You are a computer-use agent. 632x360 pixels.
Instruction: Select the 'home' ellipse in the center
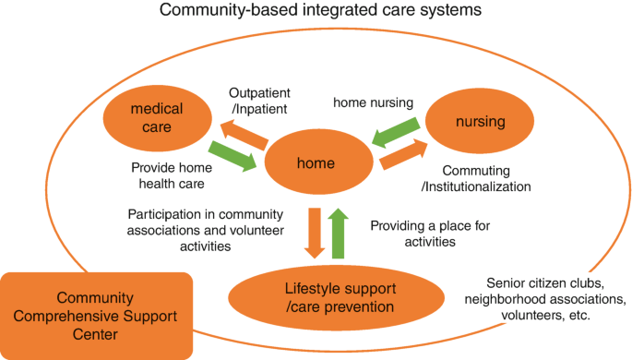click(316, 162)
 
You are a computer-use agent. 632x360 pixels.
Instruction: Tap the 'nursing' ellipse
click(482, 122)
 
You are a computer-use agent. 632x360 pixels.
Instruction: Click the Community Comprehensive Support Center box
click(96, 315)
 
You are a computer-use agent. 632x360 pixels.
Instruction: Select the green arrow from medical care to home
click(233, 154)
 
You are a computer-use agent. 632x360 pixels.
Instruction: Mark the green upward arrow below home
click(339, 234)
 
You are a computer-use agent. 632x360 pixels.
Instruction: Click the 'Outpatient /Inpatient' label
click(260, 100)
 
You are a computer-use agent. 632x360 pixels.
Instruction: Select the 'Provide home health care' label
click(172, 175)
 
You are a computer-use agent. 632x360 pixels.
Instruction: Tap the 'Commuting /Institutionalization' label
click(486, 179)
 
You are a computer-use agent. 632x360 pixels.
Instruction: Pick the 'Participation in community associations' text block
click(206, 230)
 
